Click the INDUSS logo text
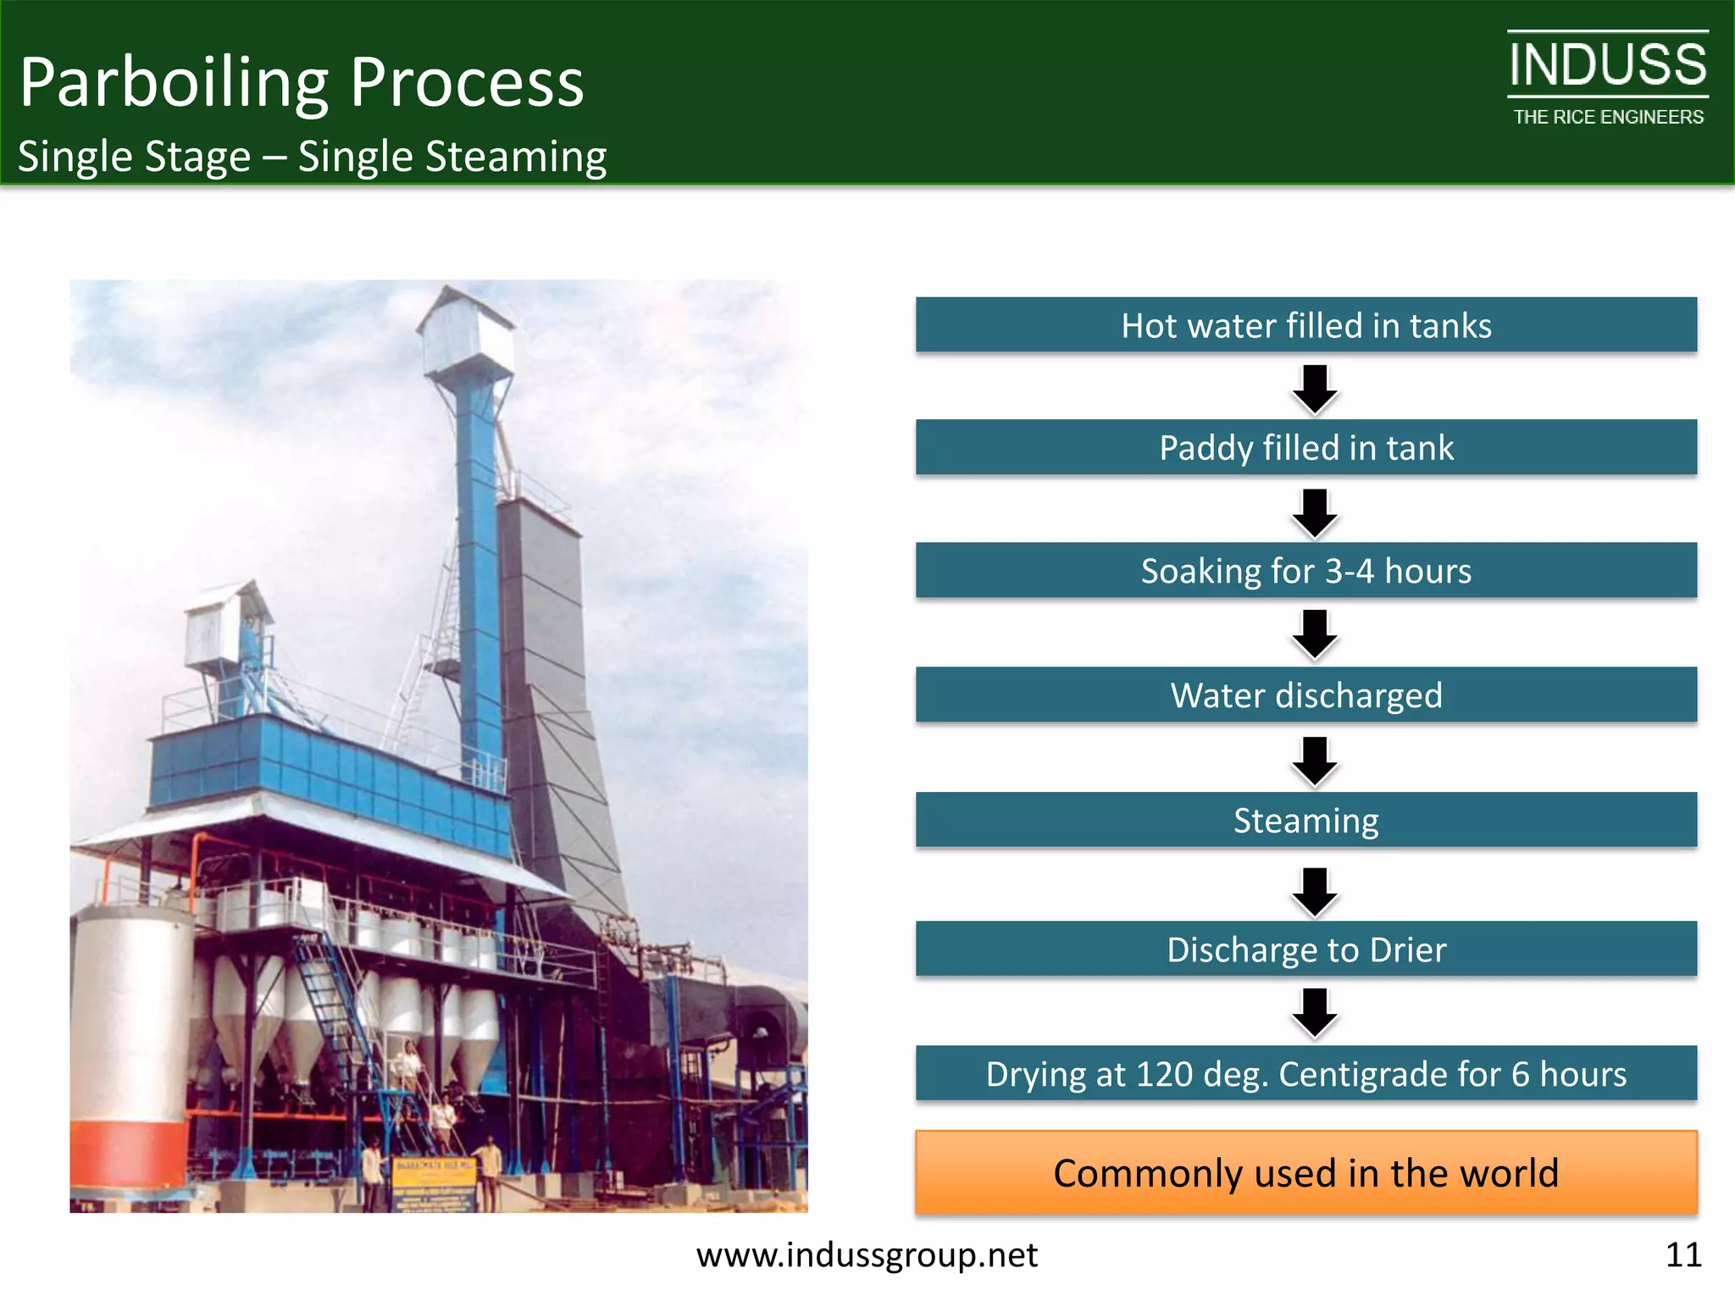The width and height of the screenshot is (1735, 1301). (x=1607, y=65)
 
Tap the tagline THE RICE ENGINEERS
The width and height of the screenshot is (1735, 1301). (x=1608, y=117)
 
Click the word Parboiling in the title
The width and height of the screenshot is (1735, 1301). (x=174, y=83)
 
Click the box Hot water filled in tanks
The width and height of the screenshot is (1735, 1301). (x=1305, y=325)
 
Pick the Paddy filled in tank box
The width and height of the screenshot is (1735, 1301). (x=1305, y=447)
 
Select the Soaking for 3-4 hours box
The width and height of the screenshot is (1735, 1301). (x=1305, y=571)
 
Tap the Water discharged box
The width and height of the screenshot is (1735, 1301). (x=1305, y=695)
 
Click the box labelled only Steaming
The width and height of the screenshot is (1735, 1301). (x=1305, y=820)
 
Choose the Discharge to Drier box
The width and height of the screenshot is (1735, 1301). (x=1305, y=949)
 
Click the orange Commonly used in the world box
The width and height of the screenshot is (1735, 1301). (x=1305, y=1173)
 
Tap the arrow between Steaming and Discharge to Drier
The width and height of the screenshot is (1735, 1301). (x=1315, y=892)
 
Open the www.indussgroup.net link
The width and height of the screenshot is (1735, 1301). (x=867, y=1254)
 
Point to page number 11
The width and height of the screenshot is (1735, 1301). (x=1682, y=1254)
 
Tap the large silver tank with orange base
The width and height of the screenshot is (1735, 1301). (x=129, y=1050)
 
